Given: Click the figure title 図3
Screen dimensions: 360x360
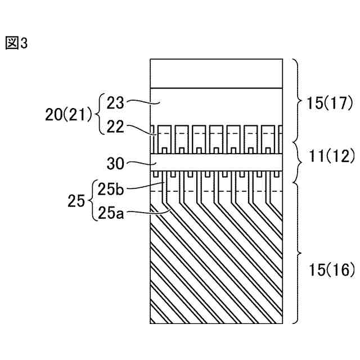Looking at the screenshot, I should click(x=16, y=43).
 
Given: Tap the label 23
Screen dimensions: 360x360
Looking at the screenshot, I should click(x=115, y=103).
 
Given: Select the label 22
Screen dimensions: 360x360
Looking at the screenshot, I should click(x=115, y=127).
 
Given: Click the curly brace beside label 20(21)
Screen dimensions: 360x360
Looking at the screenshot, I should click(x=101, y=115).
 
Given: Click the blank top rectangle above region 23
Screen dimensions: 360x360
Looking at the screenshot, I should click(x=215, y=73).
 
